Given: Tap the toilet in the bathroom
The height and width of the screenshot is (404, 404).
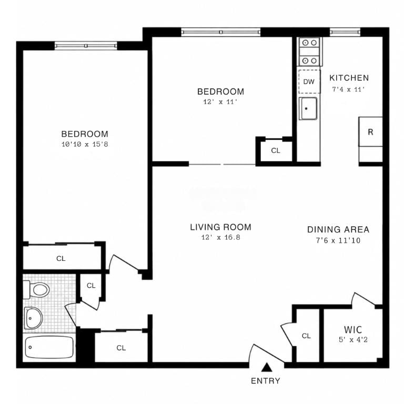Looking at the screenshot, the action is coord(37,290).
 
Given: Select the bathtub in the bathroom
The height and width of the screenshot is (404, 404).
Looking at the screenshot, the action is coord(49,347).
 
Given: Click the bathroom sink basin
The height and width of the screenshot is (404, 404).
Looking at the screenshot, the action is coord(34,318).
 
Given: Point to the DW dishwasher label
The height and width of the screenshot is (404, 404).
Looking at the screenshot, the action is coord(309,82).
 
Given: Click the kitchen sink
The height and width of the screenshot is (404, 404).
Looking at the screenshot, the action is coord(308,108).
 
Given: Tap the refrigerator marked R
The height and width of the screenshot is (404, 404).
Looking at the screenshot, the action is coord(370,132).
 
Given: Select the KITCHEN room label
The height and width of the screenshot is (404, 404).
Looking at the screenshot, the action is coord(349,78).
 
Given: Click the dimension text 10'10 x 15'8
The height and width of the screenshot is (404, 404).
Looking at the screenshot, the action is coord(85,144).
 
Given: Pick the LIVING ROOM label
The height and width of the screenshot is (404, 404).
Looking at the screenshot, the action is coord(221,227).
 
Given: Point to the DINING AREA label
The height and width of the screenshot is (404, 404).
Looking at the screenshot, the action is coord(338,229).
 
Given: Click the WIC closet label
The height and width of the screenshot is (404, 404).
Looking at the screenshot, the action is coord(353,329).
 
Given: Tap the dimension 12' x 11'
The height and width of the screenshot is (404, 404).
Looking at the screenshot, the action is coord(220,102).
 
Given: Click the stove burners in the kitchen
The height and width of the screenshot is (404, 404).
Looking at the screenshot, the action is coord(309,52).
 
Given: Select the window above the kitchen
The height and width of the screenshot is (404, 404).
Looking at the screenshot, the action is coord(345,32).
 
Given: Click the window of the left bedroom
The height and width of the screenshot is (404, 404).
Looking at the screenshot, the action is coord(86,46).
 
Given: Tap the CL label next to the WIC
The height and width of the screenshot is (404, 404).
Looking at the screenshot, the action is coord(306,336).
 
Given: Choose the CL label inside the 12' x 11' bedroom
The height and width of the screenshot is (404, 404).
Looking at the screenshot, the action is coord(276,151).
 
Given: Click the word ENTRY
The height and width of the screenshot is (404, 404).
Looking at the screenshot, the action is coord(266,381).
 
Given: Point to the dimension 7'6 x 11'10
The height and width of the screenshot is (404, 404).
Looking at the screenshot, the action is coord(338,240).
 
